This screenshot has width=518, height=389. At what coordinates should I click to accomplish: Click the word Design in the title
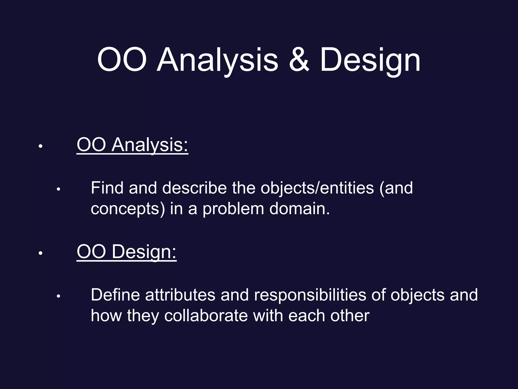[370, 61]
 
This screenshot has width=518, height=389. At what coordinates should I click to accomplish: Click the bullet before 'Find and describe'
[58, 189]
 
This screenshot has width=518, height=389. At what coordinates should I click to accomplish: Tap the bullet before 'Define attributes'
[58, 296]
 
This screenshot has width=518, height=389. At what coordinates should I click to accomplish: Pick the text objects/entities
[317, 188]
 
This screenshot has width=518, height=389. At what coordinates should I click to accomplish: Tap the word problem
[233, 209]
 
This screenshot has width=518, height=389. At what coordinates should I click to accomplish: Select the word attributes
[180, 295]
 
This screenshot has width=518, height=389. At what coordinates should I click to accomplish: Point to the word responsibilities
[310, 295]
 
